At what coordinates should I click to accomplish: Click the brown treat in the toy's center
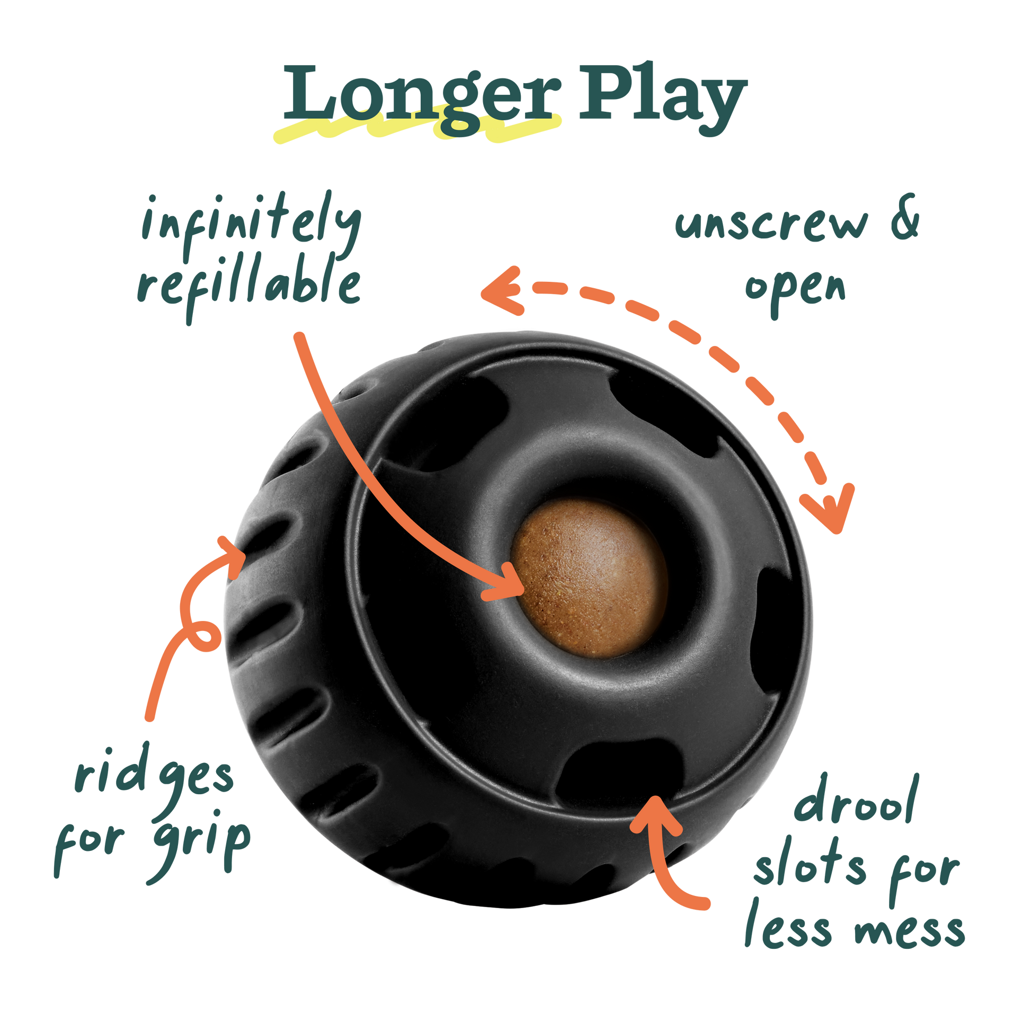590,579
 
